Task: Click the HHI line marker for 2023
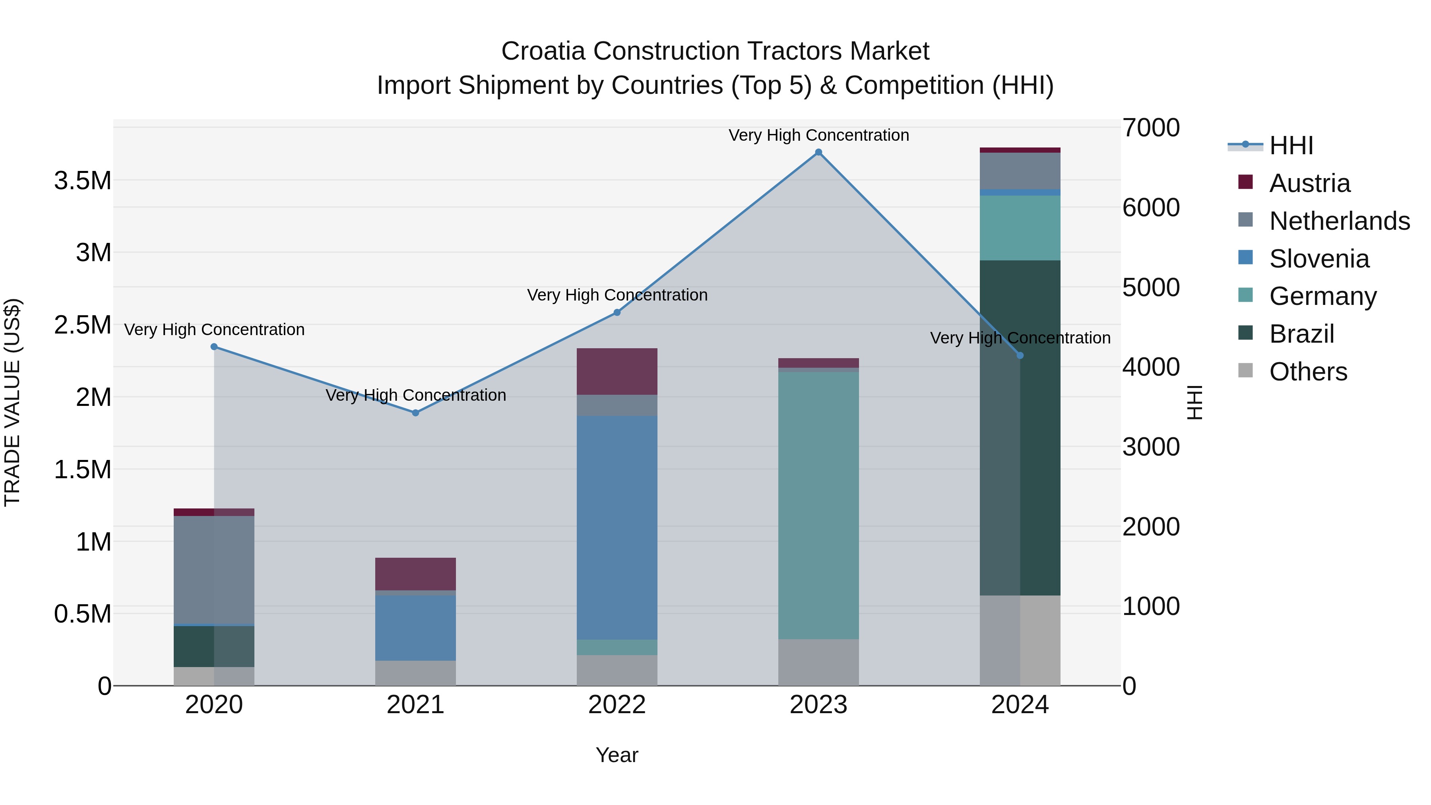[818, 152]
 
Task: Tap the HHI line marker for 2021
[415, 413]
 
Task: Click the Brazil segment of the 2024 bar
[1020, 428]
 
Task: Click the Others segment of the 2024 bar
[1020, 640]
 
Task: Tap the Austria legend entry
[1309, 183]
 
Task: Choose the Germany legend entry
[1322, 296]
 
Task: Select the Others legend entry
[1308, 372]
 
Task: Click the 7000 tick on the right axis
[1150, 128]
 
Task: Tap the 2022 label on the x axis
[617, 705]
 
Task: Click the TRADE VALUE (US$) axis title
[12, 402]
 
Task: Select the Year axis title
[617, 755]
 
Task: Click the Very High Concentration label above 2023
[818, 135]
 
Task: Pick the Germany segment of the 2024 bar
[1020, 228]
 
